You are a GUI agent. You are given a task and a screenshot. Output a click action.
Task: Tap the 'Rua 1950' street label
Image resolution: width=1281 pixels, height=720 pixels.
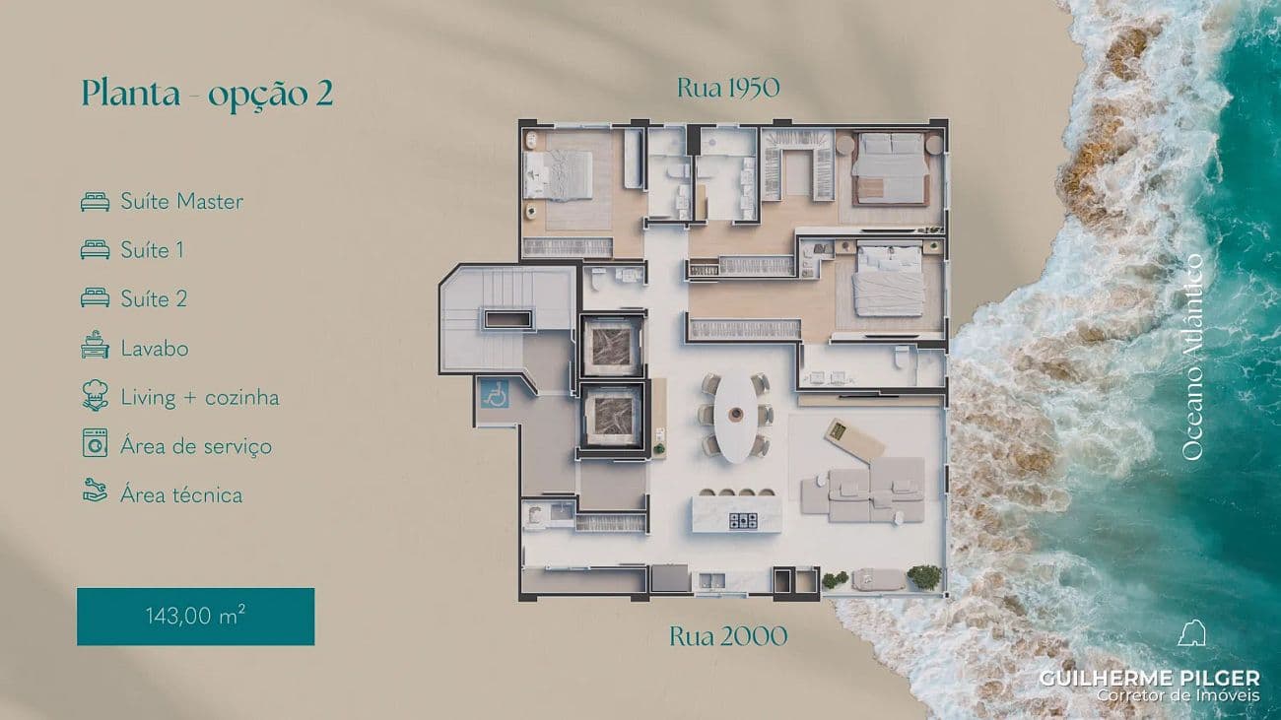728,88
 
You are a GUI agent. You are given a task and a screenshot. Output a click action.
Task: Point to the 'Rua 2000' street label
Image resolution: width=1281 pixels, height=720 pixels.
728,636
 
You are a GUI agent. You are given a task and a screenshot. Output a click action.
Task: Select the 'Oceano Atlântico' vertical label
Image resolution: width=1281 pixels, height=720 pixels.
1192,357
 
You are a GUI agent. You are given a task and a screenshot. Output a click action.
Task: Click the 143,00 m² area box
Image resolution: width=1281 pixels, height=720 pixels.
195,617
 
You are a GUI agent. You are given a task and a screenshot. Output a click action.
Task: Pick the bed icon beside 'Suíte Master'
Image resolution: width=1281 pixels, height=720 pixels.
95,202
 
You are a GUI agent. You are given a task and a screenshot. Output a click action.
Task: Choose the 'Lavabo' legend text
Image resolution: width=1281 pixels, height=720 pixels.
155,349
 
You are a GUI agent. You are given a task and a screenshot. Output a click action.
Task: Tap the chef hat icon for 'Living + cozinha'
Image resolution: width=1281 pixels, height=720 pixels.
95,397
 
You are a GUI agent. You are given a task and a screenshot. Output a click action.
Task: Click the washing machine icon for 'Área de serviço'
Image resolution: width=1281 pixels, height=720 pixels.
95,445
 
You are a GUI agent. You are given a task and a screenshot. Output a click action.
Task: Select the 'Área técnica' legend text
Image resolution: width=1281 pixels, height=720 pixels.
181,494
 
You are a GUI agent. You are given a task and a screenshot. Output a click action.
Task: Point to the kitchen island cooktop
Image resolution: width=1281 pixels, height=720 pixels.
742,520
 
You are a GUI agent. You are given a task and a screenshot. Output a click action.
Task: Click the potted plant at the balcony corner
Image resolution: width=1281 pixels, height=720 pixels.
923,576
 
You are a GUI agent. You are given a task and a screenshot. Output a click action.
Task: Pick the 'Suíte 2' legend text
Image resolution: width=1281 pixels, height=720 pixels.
154,299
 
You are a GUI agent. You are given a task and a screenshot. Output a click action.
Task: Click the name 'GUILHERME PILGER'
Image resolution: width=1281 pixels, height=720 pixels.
1149,678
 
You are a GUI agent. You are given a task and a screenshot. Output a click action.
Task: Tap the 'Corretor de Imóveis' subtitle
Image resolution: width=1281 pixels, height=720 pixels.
1179,696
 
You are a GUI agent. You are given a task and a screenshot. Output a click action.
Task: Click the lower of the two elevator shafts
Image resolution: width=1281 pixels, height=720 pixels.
612,415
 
